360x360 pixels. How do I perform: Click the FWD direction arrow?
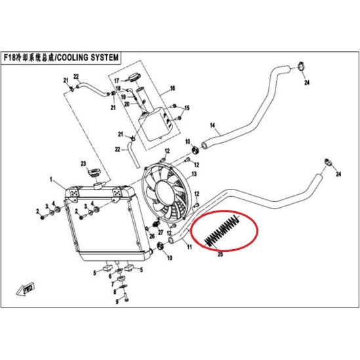26,289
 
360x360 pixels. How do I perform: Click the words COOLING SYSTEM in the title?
88,58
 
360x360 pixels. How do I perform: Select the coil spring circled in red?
222,231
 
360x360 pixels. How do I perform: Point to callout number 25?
220,254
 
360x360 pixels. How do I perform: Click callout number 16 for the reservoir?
172,88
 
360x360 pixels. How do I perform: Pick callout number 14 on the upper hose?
212,125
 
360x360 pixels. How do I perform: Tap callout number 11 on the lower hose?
190,247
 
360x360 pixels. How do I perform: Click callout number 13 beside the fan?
194,174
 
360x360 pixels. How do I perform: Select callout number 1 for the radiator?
51,179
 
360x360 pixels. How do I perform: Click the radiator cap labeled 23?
94,172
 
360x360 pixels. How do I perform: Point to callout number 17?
117,81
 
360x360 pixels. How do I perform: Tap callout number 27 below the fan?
161,232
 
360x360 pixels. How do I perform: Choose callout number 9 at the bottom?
117,302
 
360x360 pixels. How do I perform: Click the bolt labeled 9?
126,298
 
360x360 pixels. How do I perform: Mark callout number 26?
151,236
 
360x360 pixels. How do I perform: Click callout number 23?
83,163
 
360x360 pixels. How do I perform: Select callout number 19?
123,96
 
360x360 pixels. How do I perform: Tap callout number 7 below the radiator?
113,285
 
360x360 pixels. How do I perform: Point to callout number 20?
127,104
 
